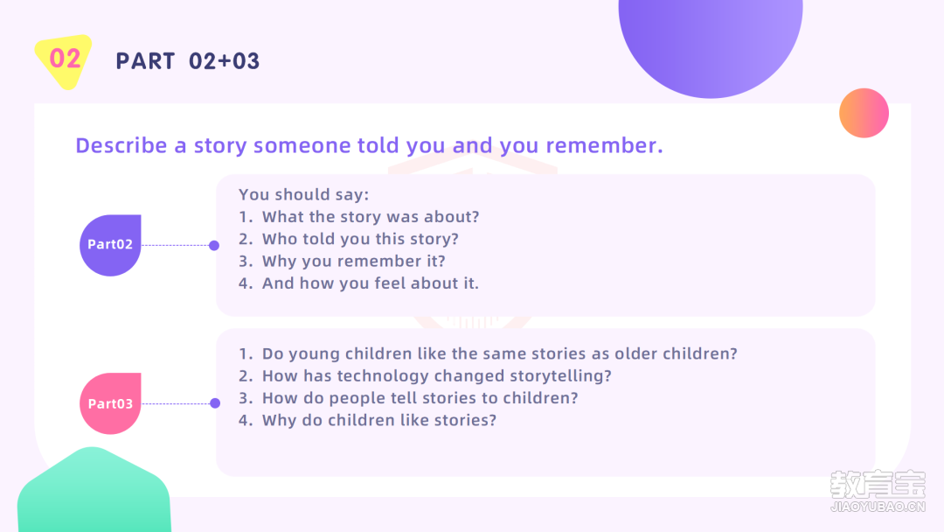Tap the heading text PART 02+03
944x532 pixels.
[187, 61]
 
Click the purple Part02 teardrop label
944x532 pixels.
[110, 245]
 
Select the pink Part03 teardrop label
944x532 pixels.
[110, 403]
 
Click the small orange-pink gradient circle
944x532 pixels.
[864, 113]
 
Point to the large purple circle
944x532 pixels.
[711, 42]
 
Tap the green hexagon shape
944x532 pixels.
[94, 491]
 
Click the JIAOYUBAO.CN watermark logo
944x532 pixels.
[878, 491]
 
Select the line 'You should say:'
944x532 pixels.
[304, 194]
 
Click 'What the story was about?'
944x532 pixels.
[371, 217]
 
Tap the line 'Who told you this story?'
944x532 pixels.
[360, 239]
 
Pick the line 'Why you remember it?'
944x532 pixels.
[353, 262]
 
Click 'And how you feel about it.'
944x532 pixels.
[371, 283]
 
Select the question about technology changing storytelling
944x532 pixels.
[436, 376]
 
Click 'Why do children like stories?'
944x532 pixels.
[379, 420]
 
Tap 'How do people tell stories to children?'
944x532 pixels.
[420, 398]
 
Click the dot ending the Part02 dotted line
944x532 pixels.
[214, 245]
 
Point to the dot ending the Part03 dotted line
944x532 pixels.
[215, 403]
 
